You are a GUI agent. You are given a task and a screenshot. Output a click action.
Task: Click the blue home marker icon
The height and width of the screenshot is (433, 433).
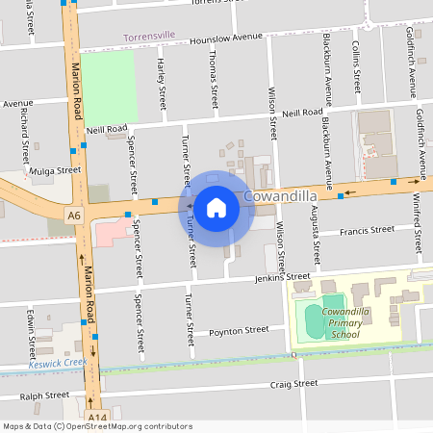[x=216, y=207]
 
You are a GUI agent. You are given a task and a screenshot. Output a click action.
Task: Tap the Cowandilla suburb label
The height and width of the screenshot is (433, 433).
[x=283, y=196]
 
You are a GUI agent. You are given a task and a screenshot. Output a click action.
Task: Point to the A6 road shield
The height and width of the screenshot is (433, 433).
[x=74, y=213]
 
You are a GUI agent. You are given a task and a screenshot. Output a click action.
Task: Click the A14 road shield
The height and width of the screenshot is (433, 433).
[x=96, y=417]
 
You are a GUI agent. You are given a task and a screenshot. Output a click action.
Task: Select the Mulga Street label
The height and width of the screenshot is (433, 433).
[x=55, y=170]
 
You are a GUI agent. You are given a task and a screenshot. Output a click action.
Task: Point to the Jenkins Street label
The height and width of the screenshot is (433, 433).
[x=282, y=277]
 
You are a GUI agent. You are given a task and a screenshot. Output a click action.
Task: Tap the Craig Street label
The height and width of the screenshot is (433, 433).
[x=293, y=383]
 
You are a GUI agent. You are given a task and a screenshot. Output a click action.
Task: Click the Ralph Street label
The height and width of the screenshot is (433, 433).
[x=45, y=395]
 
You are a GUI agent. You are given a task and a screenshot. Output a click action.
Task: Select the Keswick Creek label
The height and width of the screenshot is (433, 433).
[x=57, y=364]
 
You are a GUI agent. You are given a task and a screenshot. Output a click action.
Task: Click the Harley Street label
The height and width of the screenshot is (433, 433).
[x=162, y=83]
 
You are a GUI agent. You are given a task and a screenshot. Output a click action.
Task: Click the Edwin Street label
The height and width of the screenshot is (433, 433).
[x=31, y=333]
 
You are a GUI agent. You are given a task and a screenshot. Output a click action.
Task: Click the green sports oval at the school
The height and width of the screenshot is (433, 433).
[x=314, y=319]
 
